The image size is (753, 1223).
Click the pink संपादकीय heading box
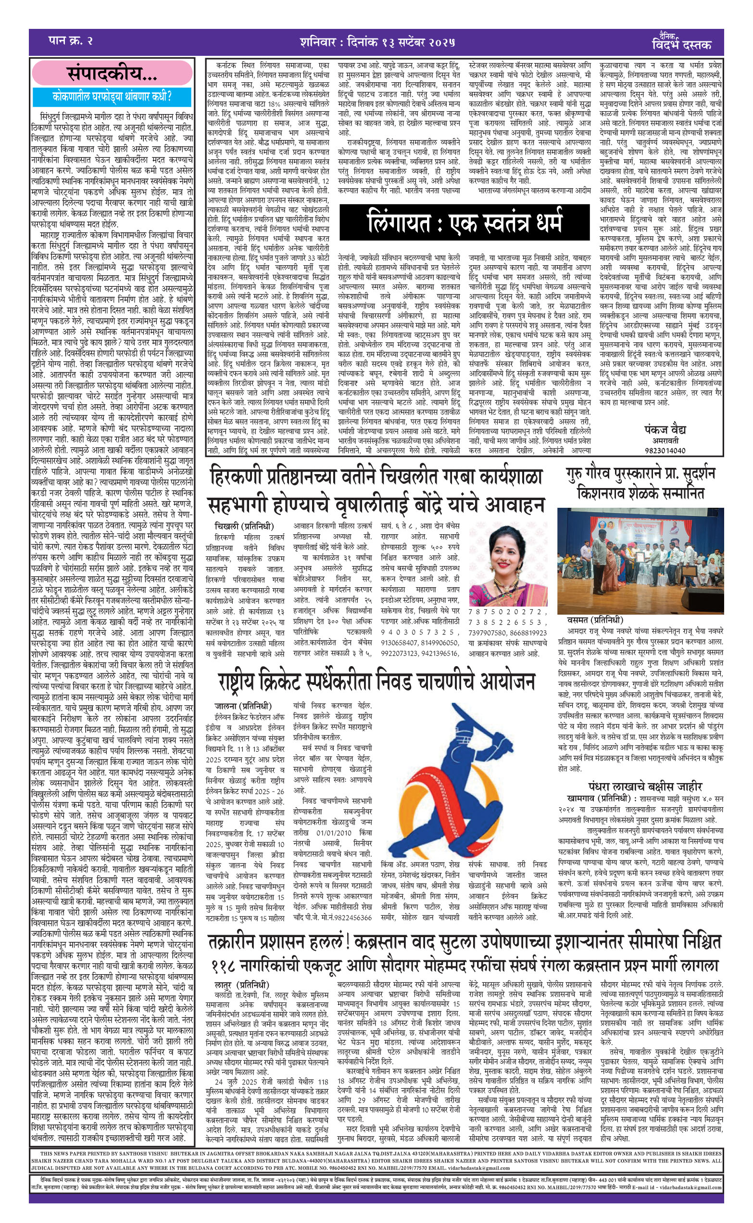click(112, 74)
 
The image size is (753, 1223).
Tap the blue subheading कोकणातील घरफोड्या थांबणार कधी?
click(112, 96)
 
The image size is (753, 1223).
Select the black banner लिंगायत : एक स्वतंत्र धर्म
click(464, 222)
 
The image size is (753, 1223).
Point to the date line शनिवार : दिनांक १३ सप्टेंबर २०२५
click(377, 42)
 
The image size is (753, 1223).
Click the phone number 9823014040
click(665, 451)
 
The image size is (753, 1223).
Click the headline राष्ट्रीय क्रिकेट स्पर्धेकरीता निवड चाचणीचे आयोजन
click(376, 682)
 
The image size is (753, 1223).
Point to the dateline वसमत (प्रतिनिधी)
click(595, 620)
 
